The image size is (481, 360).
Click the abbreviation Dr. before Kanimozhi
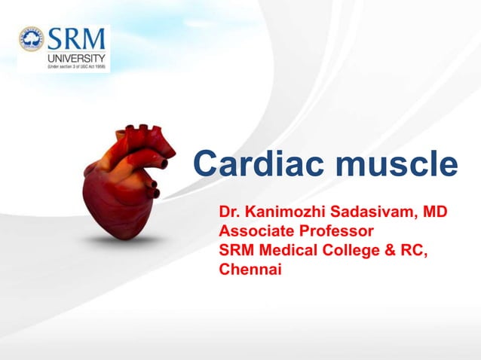(228, 210)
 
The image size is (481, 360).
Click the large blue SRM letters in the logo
(77, 39)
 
